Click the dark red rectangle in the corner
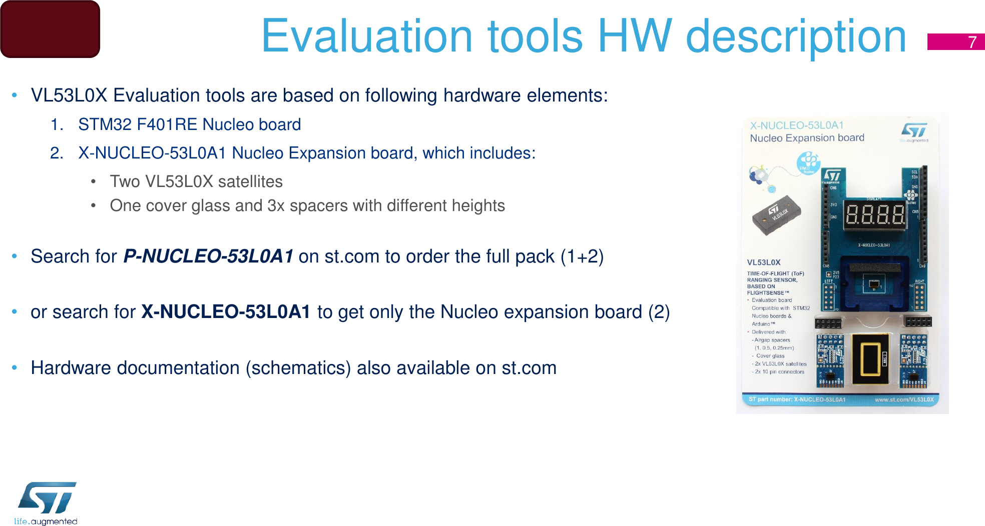[50, 29]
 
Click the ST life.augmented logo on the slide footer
[46, 503]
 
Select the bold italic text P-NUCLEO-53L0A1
[208, 256]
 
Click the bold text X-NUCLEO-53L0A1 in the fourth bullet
[226, 312]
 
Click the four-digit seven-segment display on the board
[875, 215]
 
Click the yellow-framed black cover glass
[870, 359]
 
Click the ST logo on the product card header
[914, 131]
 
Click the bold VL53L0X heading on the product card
[764, 262]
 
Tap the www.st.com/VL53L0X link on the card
[904, 399]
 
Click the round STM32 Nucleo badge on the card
[808, 163]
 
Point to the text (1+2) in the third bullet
[582, 256]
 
